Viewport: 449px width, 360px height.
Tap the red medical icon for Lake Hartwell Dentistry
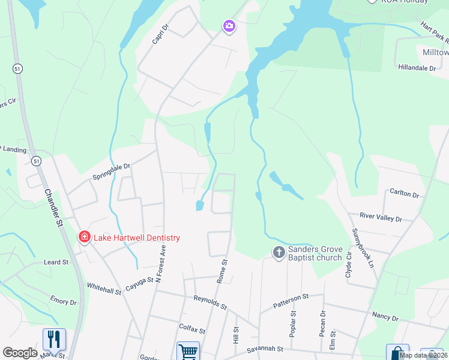(85, 238)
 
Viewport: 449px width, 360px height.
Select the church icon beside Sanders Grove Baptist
(279, 253)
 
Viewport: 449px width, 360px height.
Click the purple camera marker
(229, 26)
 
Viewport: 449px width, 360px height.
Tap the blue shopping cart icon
(188, 352)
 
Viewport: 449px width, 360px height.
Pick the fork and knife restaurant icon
(54, 339)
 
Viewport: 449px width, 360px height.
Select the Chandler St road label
(53, 206)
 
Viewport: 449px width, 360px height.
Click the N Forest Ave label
(159, 267)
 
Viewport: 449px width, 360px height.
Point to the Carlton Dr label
(404, 193)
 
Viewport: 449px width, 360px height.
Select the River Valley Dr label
(381, 217)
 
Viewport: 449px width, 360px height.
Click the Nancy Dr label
(385, 316)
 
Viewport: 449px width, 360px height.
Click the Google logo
(20, 353)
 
